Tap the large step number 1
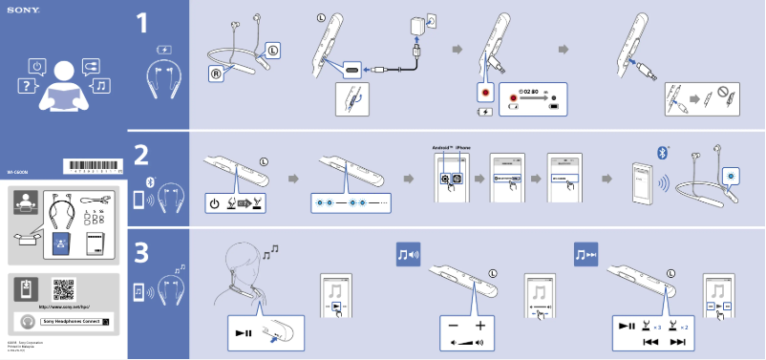[x=141, y=24]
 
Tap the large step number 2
[x=141, y=156]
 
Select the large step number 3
[x=141, y=254]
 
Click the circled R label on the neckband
[x=217, y=72]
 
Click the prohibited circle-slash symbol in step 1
[x=724, y=95]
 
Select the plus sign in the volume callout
[x=480, y=326]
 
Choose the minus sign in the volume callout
[x=453, y=326]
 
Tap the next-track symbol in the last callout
[x=678, y=341]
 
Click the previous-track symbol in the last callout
[x=651, y=341]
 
